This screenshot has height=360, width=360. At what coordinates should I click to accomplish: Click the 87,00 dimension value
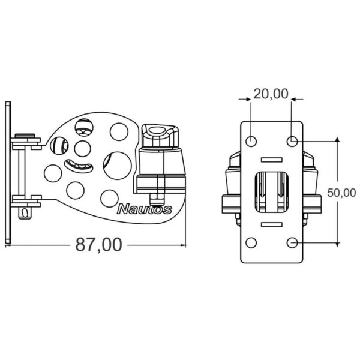[99, 245]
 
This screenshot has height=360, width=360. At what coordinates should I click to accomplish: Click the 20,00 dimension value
[271, 94]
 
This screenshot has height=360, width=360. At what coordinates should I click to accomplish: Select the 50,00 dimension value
[341, 193]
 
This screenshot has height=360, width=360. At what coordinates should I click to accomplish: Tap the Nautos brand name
[145, 209]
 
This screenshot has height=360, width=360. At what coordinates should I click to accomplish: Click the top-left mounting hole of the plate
[251, 141]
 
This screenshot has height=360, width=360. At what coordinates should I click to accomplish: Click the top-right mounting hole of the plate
[292, 141]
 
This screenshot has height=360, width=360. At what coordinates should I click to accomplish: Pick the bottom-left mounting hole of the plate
[251, 242]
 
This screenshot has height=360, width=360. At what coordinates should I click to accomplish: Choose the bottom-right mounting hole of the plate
[292, 242]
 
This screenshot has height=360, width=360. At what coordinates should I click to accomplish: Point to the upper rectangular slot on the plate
[272, 160]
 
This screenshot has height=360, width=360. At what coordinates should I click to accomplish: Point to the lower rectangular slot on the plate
[272, 224]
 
